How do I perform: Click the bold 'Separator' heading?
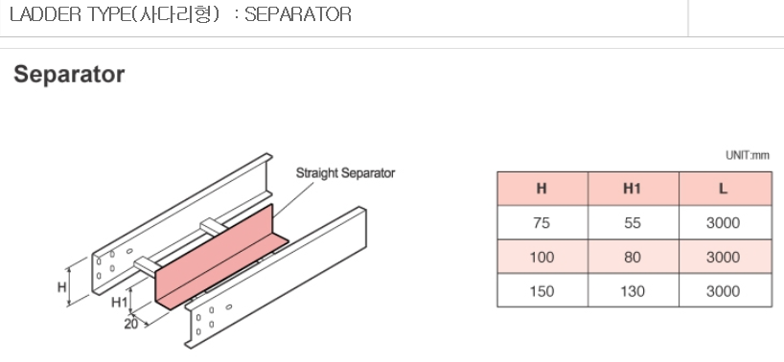pyautogui.click(x=69, y=75)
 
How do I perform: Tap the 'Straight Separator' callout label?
pyautogui.click(x=345, y=173)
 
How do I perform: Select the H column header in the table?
pyautogui.click(x=542, y=189)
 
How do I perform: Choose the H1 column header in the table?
pyautogui.click(x=633, y=189)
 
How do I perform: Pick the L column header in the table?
pyautogui.click(x=723, y=189)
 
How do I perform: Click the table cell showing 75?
pyautogui.click(x=542, y=223)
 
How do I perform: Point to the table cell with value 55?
pyautogui.click(x=633, y=223)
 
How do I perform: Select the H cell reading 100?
pyautogui.click(x=542, y=258)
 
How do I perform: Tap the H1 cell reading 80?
pyautogui.click(x=633, y=258)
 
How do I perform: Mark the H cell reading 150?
pyautogui.click(x=542, y=290)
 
